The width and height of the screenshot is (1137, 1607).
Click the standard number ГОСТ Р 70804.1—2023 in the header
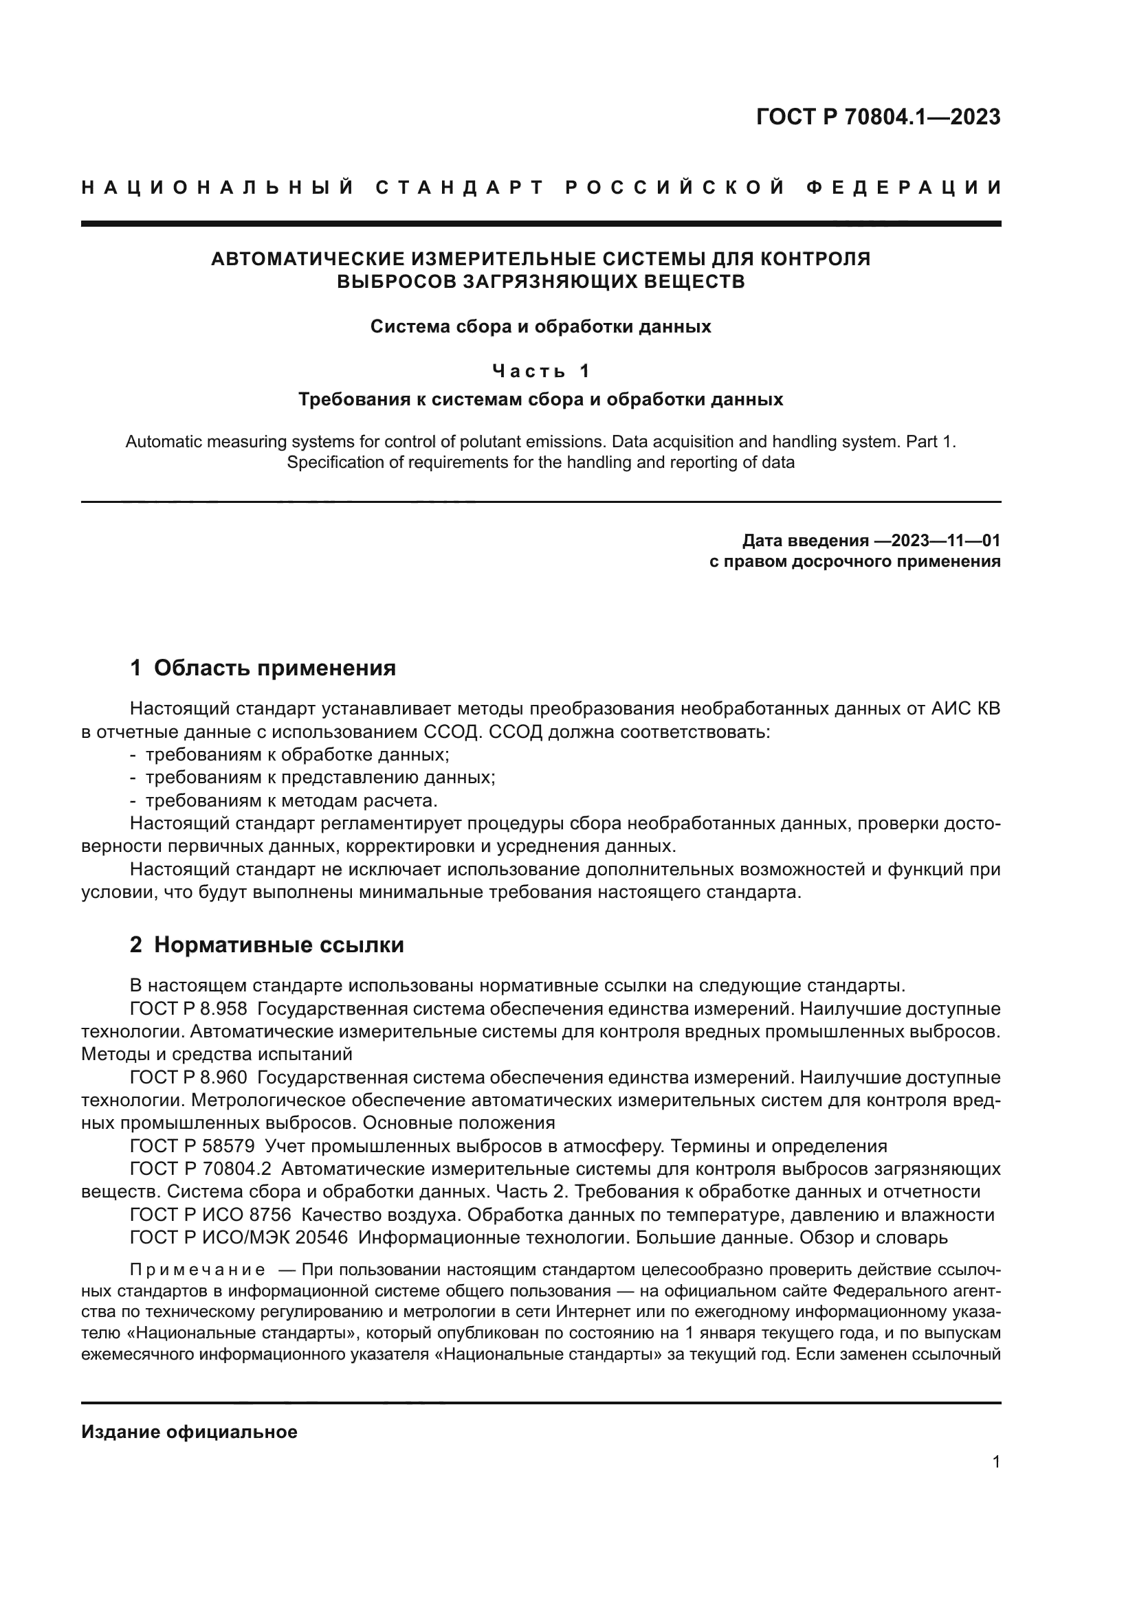click(878, 117)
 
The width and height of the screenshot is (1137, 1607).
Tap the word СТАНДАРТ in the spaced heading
click(460, 188)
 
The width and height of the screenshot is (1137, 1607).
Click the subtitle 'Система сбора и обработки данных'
click(540, 327)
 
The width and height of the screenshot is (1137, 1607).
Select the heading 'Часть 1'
click(540, 370)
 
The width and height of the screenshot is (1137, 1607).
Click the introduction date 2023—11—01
click(938, 540)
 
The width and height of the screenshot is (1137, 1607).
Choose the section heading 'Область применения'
click(274, 668)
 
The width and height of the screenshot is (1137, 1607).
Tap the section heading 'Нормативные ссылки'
click(278, 945)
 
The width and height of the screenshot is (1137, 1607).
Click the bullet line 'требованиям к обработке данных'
click(297, 754)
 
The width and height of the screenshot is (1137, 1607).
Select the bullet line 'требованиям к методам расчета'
click(291, 800)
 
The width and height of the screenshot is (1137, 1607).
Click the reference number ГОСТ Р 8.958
click(188, 1009)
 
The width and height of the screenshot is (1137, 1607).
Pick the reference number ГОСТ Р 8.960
click(188, 1077)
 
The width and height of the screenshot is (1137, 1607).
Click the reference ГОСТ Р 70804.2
click(200, 1169)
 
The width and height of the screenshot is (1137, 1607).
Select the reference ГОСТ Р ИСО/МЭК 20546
click(239, 1237)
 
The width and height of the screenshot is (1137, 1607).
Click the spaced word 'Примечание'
click(197, 1270)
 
